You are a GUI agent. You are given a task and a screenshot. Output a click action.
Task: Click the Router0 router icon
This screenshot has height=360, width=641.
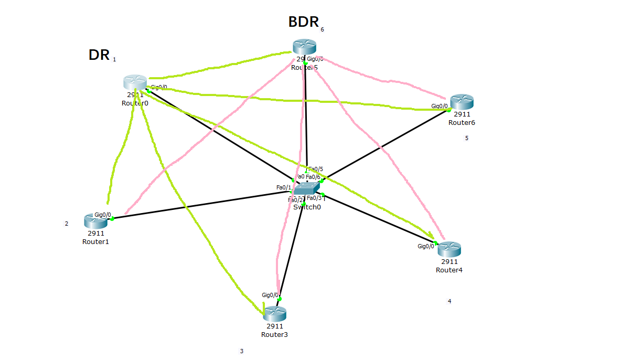pos(135,82)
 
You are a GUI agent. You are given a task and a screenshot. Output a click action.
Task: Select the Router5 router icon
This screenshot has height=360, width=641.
pos(304,46)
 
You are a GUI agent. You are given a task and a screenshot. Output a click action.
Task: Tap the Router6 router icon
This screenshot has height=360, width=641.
pos(462,102)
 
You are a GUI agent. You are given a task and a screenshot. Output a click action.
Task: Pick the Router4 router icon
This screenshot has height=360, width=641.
pos(449,249)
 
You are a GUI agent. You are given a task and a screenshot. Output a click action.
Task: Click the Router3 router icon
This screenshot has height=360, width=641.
pos(274,314)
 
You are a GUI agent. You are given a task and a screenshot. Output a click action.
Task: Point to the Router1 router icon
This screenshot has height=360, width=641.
pos(95,221)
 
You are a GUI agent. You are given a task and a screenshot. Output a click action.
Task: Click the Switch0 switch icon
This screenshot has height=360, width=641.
pos(306,189)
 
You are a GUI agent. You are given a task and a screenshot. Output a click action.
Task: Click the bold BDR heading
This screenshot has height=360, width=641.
pos(304,22)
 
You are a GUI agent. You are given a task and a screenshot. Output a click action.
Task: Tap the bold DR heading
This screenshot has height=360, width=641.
pos(99,55)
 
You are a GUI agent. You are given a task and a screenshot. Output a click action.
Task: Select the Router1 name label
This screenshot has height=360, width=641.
pos(95,242)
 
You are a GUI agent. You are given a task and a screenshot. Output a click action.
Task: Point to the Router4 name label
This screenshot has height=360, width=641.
pos(449,270)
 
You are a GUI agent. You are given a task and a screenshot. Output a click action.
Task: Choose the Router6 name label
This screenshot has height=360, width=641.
pos(462,123)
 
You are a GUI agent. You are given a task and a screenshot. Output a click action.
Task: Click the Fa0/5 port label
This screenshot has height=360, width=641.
pos(316,169)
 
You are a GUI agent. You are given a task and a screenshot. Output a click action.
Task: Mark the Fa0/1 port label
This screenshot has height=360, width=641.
pos(283,187)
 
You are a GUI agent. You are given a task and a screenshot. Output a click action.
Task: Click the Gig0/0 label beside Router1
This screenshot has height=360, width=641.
pos(103,215)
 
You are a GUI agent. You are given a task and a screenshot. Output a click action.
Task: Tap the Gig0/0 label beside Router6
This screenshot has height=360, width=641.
pos(440,106)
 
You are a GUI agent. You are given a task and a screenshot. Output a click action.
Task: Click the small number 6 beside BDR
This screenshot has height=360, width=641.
pos(322,30)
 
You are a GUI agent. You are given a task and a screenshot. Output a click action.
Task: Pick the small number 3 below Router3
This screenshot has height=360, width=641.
pos(241,352)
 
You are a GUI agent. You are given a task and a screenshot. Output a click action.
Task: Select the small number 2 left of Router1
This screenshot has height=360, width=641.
pos(67,224)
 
